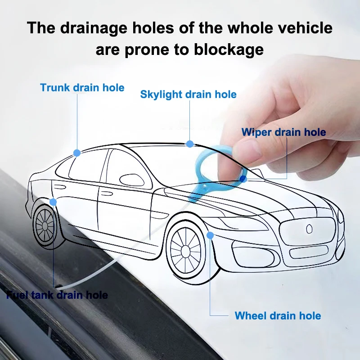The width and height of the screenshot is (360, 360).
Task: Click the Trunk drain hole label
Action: point(82,87)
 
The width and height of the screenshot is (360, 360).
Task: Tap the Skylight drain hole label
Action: point(188,94)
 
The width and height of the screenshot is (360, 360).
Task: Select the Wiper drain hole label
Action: point(283,132)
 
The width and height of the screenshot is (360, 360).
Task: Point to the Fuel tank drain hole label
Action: point(57,295)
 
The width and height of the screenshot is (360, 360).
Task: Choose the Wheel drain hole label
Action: point(278,315)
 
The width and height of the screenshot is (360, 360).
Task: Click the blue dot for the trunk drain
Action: point(77,153)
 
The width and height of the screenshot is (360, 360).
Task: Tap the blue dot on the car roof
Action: point(190,144)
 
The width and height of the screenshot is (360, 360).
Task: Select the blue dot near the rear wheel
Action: point(54,202)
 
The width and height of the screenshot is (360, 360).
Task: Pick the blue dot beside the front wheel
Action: point(210,234)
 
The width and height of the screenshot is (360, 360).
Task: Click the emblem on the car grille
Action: point(309,229)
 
